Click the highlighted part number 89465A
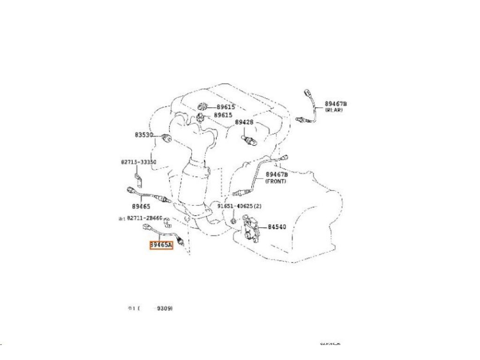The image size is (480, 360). point(161,245)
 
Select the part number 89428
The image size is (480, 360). point(244,122)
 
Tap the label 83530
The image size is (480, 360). point(144,135)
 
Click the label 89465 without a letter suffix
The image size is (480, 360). point(141,206)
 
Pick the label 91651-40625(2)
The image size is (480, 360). point(238,206)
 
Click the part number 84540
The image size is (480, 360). point(277,227)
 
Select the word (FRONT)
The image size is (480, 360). point(276,181)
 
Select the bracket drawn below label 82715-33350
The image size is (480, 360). point(138,179)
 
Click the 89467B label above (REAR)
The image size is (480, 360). point(336,104)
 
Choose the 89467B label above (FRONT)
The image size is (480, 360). point(277,175)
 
